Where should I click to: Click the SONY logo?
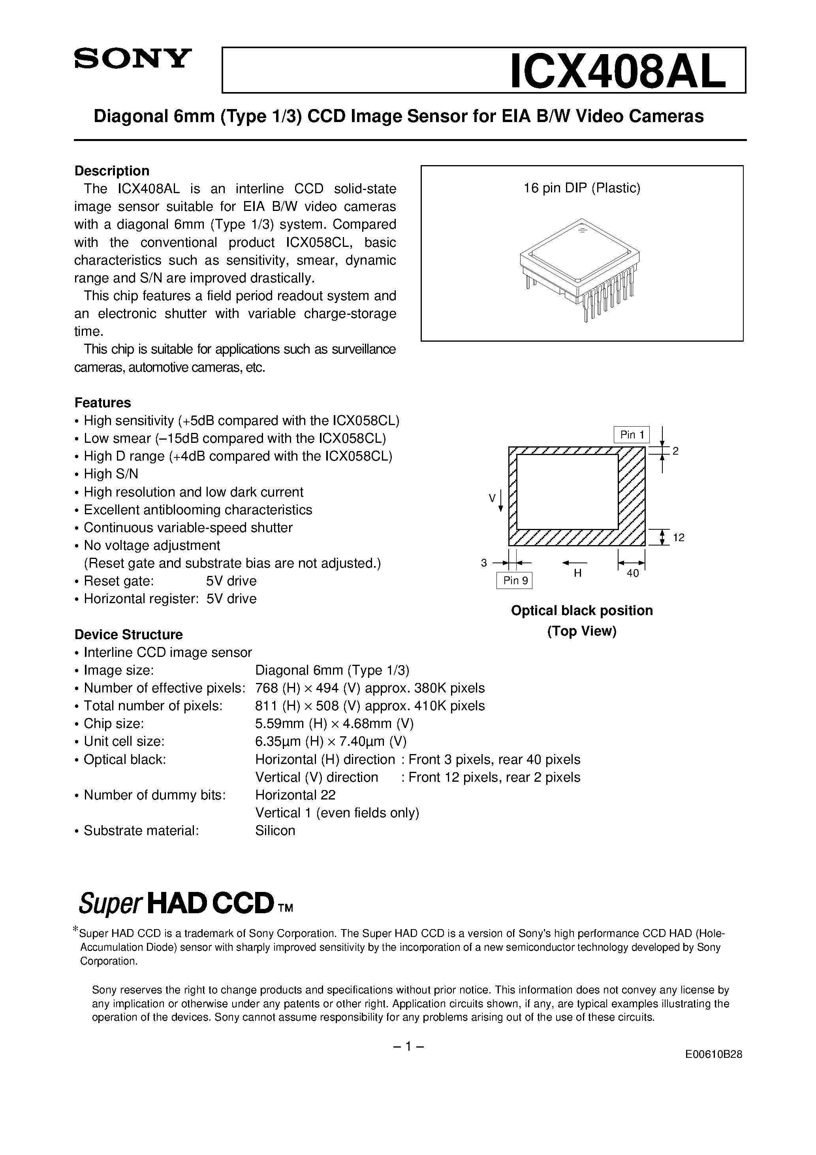[133, 58]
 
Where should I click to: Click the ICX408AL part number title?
[618, 71]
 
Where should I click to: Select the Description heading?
[112, 171]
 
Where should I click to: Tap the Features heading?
[102, 403]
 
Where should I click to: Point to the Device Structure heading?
[128, 634]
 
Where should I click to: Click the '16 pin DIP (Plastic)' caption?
[581, 188]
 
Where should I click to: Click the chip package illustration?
[579, 268]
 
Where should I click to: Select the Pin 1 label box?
[632, 435]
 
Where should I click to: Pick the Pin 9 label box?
[514, 581]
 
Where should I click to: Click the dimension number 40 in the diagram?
[632, 574]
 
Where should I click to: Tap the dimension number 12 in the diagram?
[678, 538]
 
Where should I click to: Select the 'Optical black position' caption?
[581, 610]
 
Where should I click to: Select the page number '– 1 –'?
[408, 1047]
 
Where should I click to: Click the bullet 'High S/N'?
[111, 474]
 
